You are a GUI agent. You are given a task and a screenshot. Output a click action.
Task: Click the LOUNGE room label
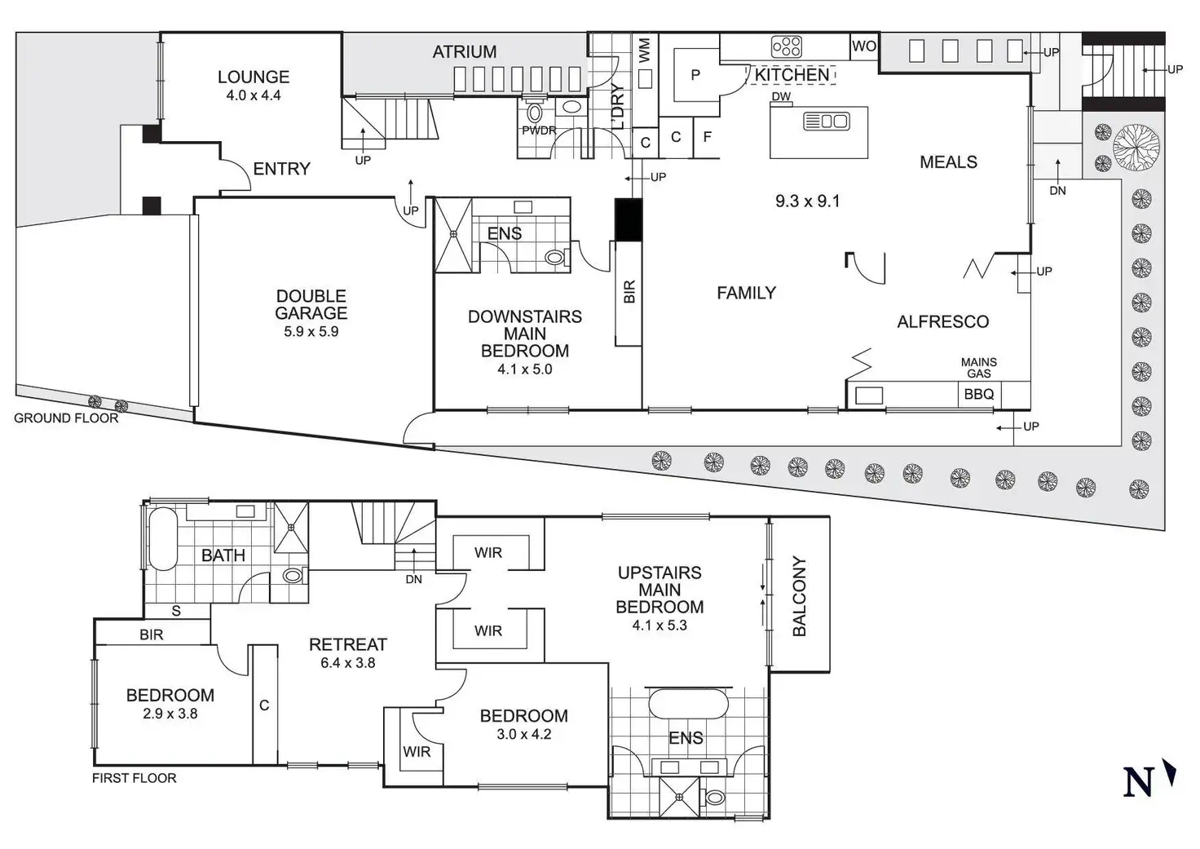pos(253,77)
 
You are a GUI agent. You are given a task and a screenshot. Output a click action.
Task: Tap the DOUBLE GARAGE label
pos(311,304)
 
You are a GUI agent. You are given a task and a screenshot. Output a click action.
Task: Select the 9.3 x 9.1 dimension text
pos(807,201)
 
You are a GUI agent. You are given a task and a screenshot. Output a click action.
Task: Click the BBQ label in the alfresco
pos(978,395)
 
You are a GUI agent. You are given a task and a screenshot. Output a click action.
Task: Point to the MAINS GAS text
pos(978,368)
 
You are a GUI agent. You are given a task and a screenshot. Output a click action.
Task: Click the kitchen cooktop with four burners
pos(787,46)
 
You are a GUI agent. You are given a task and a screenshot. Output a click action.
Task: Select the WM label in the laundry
pos(645,51)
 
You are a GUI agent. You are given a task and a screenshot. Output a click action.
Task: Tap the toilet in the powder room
pos(536,113)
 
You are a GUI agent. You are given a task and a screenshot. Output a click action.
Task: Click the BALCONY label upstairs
pos(799,595)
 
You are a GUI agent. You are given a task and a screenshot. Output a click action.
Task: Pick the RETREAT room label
pos(347,644)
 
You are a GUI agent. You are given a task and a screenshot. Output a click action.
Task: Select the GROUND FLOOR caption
pos(66,418)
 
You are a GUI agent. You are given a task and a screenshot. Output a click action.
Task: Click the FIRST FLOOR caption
pos(134,778)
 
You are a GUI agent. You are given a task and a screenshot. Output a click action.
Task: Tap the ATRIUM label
pos(464,52)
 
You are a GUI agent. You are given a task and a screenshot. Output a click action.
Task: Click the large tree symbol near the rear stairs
pos(1136,148)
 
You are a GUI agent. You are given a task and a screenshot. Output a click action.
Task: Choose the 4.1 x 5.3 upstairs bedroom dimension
pos(660,626)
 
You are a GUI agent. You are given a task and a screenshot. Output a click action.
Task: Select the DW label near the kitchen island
pos(780,97)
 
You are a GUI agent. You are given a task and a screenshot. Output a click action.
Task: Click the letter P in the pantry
pos(695,75)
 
